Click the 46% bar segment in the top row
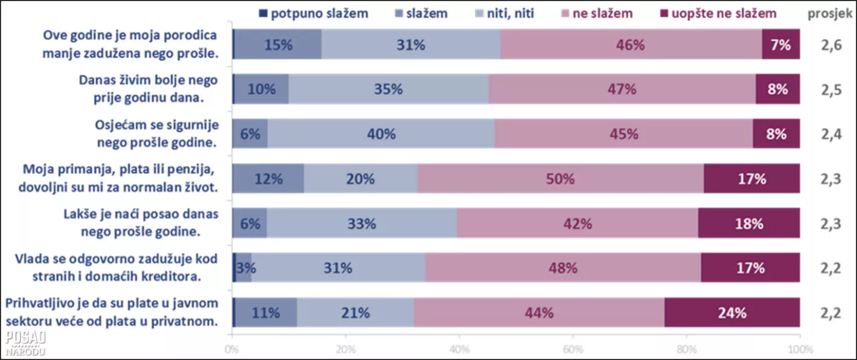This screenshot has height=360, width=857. click(631, 44)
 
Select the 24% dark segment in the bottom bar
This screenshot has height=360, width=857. click(732, 312)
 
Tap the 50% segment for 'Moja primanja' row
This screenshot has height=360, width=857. click(560, 178)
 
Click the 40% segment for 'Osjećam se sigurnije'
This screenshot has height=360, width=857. click(381, 133)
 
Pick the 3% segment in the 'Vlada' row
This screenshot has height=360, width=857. click(243, 268)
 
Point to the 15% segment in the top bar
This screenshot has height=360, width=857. click(277, 44)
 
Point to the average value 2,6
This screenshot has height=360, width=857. click(830, 44)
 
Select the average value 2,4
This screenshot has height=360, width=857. click(830, 133)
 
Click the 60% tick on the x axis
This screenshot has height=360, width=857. click(573, 349)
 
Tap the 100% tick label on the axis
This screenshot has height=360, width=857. click(800, 349)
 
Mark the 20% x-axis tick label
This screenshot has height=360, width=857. click(345, 349)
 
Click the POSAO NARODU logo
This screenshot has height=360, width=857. click(25, 343)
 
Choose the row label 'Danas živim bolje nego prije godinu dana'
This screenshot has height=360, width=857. click(149, 89)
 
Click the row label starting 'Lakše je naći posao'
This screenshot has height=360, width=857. click(141, 223)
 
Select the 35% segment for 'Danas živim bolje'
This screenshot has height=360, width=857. click(388, 89)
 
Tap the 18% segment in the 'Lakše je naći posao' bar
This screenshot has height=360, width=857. click(749, 223)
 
